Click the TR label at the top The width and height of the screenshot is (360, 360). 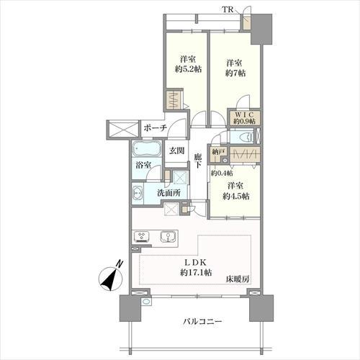pos(228,9)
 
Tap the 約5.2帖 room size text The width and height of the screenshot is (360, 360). pos(188,69)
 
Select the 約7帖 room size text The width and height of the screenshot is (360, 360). pos(235,73)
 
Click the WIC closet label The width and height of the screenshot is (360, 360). pos(244,114)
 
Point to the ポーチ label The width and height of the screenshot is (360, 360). pos(155,128)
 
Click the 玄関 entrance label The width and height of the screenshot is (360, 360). pos(177,150)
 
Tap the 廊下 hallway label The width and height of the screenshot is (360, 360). pos(198,161)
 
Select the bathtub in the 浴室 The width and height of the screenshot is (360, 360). pos(146,149)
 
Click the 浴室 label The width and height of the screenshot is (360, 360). pos(143,165)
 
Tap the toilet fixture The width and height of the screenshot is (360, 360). pos(246,138)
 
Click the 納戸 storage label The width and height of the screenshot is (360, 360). pos(218,152)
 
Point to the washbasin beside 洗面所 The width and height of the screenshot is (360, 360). pos(138,193)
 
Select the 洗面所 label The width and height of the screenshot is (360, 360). pos(169,193)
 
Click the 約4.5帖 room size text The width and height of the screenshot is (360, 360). pos(235,197)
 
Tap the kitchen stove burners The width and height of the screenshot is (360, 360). pos(141,235)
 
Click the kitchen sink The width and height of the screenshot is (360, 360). pos(167,236)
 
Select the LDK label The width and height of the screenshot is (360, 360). pos(196,263)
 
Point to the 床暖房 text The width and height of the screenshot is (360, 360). pos(238,279)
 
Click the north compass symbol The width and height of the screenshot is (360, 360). pos(111,276)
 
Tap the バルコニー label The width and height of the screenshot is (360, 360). pos(202,321)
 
